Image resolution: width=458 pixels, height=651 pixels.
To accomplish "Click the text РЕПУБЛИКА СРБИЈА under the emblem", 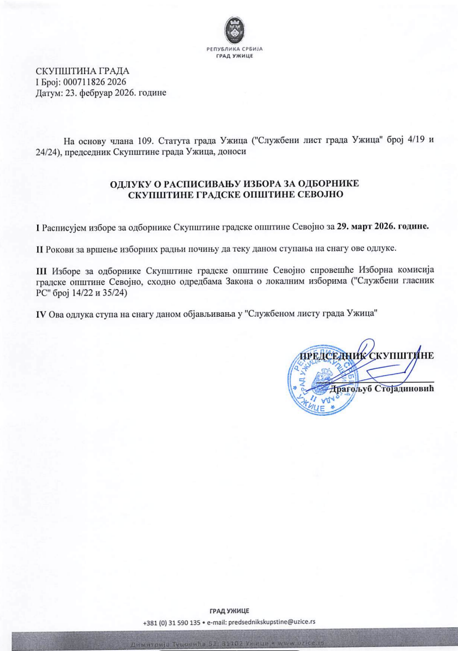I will tap(235, 49).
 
